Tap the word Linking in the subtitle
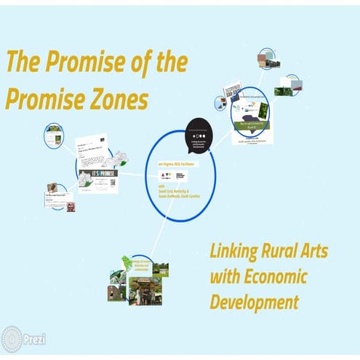coord(236,252)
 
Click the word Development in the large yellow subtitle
coord(254,301)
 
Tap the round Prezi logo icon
coord(12,340)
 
